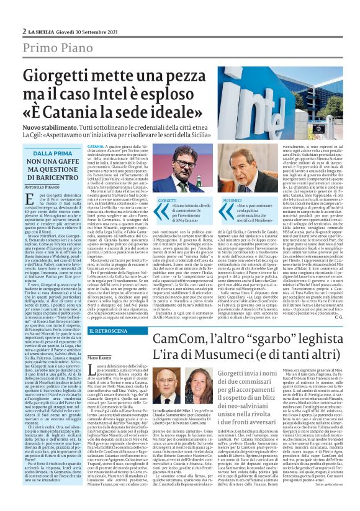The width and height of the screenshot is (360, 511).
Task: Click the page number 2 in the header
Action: click(23, 30)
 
